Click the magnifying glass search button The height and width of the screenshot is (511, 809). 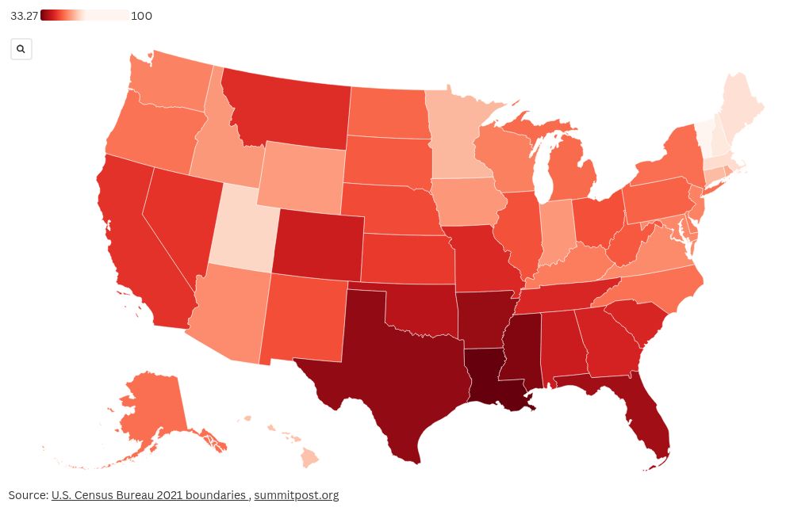click(x=21, y=49)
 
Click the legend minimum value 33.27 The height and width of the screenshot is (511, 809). click(x=25, y=16)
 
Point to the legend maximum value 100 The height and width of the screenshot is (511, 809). click(x=142, y=16)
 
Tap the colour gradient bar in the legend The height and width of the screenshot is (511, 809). click(x=84, y=16)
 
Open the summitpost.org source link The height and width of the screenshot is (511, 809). click(x=296, y=495)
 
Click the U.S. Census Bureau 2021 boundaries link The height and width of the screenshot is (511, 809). click(x=148, y=495)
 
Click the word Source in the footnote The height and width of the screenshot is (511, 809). click(x=27, y=495)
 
